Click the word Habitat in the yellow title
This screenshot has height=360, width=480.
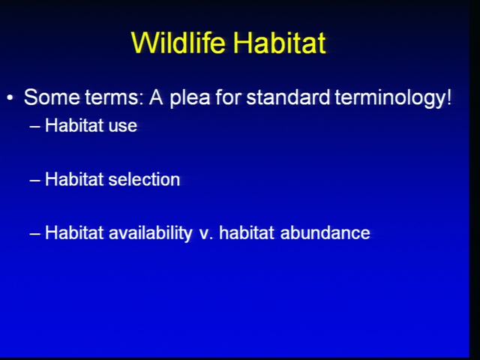[279, 42]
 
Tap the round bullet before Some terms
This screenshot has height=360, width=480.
[10, 98]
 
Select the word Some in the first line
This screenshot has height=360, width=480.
[52, 97]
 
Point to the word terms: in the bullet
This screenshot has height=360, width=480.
[114, 98]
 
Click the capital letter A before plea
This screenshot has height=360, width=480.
[156, 97]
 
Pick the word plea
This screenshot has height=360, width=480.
[190, 98]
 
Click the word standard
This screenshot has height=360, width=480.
[288, 97]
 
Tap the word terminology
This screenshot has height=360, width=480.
[388, 98]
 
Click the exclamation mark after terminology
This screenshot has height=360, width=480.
[448, 97]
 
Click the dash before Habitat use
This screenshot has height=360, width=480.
[35, 127]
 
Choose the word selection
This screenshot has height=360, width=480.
[144, 179]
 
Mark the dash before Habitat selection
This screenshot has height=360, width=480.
[35, 180]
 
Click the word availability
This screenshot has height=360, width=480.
[151, 233]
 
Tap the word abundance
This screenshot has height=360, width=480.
[325, 232]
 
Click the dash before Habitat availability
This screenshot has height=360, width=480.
[35, 233]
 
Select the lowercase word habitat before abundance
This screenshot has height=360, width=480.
[247, 232]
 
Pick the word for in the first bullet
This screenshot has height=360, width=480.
[228, 97]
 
